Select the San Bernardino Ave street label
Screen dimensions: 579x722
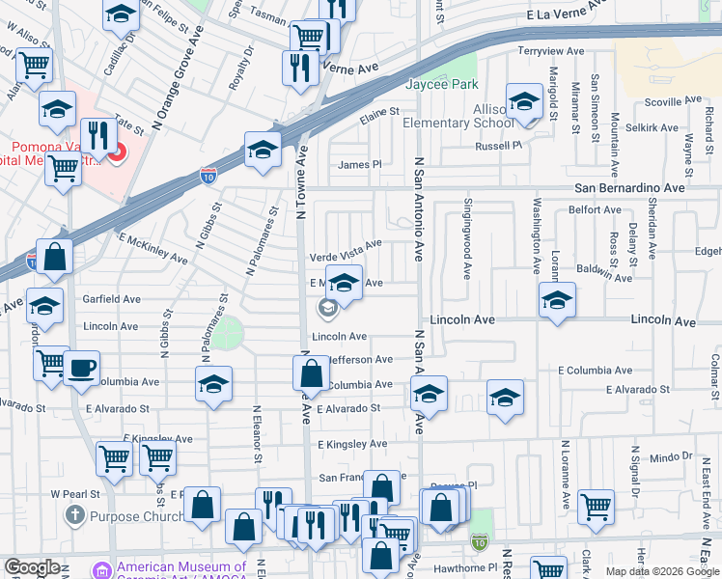(629, 188)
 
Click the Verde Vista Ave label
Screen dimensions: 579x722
(346, 257)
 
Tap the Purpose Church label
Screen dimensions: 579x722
(136, 516)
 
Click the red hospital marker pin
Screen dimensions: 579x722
(116, 153)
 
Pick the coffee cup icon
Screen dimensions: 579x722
(82, 368)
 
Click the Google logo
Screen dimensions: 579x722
(33, 567)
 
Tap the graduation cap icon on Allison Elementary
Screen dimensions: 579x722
(524, 101)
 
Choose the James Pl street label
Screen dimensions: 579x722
(359, 165)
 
